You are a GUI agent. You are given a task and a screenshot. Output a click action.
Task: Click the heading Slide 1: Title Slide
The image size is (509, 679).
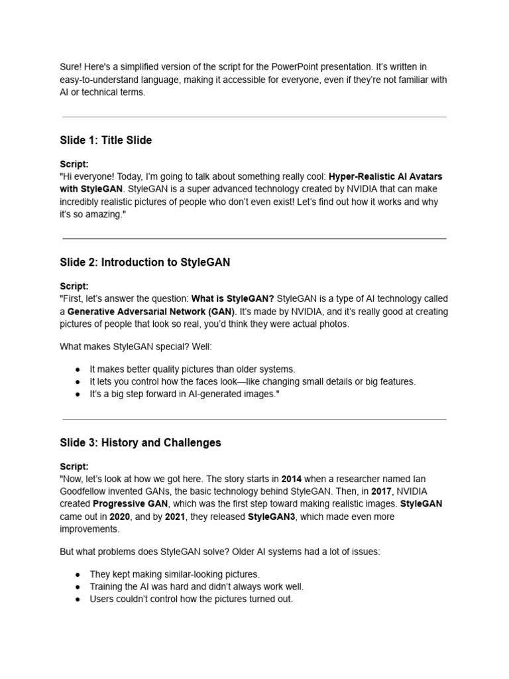tap(105, 140)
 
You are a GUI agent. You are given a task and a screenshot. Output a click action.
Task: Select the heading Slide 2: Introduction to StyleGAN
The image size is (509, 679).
tap(144, 262)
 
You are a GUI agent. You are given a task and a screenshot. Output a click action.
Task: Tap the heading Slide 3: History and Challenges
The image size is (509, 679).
tap(141, 442)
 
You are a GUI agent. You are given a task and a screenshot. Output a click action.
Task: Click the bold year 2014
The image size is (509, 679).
tap(292, 478)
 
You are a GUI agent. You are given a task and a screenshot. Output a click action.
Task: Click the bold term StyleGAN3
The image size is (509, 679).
tap(272, 517)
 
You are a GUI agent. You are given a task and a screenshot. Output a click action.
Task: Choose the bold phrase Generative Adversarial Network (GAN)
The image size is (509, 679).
tap(150, 311)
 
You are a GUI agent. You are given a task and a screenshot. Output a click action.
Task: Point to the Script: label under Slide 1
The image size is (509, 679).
tap(74, 164)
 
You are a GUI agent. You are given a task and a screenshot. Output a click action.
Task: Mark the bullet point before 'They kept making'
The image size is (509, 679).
tap(77, 574)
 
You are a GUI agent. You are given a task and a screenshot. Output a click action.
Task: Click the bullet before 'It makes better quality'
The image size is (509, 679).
tap(77, 369)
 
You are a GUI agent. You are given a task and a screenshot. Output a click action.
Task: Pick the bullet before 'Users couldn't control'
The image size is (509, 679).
tap(77, 599)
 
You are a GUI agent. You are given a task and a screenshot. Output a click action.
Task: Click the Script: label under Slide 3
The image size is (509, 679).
tap(74, 466)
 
